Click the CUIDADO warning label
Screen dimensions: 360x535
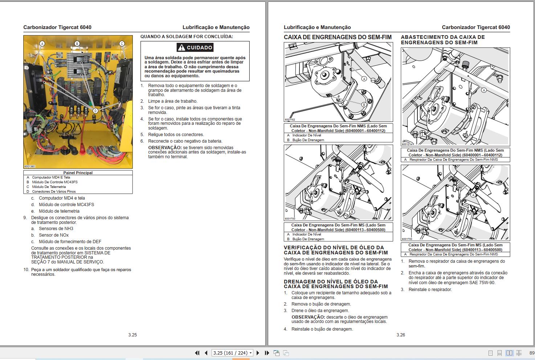point(195,48)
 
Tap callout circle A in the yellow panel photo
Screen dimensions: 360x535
point(42,44)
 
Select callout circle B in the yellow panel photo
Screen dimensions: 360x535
point(77,44)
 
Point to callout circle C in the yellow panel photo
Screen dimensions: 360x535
point(122,44)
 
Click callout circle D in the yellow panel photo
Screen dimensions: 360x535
point(95,111)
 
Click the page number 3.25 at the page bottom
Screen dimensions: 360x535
point(132,335)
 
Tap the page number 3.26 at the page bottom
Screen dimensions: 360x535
point(401,335)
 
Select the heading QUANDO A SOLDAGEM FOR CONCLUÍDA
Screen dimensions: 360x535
point(187,37)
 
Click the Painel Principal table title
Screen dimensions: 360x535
point(78,173)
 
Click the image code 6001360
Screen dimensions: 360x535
point(30,167)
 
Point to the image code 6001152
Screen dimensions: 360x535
point(290,120)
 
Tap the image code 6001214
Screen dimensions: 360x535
point(407,144)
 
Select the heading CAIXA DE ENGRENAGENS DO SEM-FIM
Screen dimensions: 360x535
point(338,37)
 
